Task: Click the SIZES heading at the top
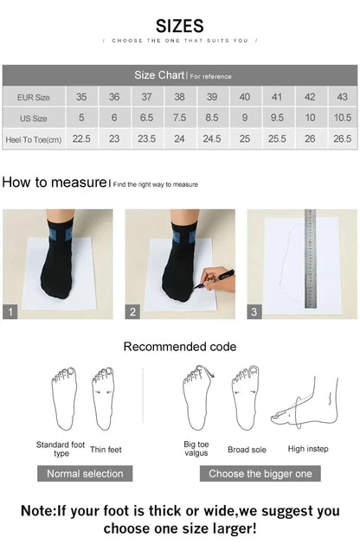click(180, 26)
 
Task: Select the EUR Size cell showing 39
click(212, 97)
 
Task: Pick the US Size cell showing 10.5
click(343, 118)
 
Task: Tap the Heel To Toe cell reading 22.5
click(81, 138)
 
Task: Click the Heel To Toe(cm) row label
click(34, 138)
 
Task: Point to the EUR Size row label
click(34, 97)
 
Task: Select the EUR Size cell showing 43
click(343, 97)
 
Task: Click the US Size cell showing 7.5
click(179, 118)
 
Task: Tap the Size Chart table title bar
click(180, 75)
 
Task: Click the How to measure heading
click(55, 182)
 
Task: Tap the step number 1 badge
click(10, 312)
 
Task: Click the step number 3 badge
click(254, 312)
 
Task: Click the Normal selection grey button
click(85, 473)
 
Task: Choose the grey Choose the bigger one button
click(260, 473)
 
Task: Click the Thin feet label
click(106, 450)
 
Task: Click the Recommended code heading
click(180, 347)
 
